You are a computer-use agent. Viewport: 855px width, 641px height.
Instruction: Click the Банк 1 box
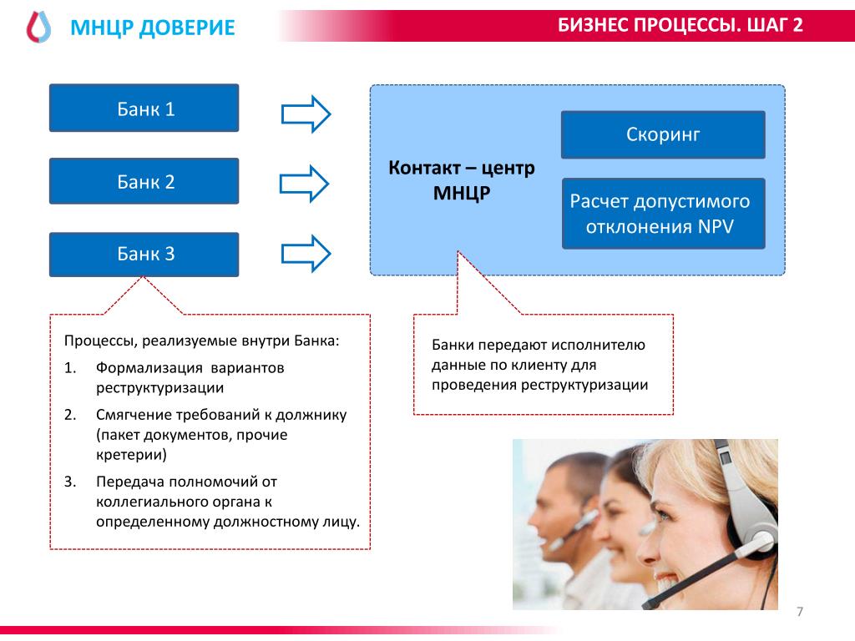pyautogui.click(x=144, y=109)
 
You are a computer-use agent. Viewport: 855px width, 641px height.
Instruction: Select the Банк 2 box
pyautogui.click(x=144, y=181)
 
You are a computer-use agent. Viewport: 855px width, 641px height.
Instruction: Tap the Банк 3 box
pyautogui.click(x=144, y=255)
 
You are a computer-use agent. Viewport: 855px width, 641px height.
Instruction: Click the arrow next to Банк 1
pyautogui.click(x=306, y=114)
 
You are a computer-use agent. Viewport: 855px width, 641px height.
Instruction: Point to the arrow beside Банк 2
pyautogui.click(x=306, y=184)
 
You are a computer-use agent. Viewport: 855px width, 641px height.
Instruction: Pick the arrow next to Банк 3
pyautogui.click(x=306, y=254)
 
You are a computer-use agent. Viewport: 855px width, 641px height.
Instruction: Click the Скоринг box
pyautogui.click(x=663, y=134)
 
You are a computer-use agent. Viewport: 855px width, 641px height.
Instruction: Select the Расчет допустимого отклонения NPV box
pyautogui.click(x=663, y=214)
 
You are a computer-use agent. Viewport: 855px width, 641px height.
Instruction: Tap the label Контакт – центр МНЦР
pyautogui.click(x=462, y=180)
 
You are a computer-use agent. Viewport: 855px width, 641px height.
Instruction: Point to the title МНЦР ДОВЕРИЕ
pyautogui.click(x=153, y=29)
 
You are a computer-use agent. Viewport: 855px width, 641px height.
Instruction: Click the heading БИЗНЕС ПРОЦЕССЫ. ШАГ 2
pyautogui.click(x=680, y=25)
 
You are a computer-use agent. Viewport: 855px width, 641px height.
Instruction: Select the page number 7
pyautogui.click(x=800, y=612)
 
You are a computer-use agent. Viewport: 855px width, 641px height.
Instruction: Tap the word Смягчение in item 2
pyautogui.click(x=133, y=415)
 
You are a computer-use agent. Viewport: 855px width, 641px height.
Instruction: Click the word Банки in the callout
pyautogui.click(x=453, y=345)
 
